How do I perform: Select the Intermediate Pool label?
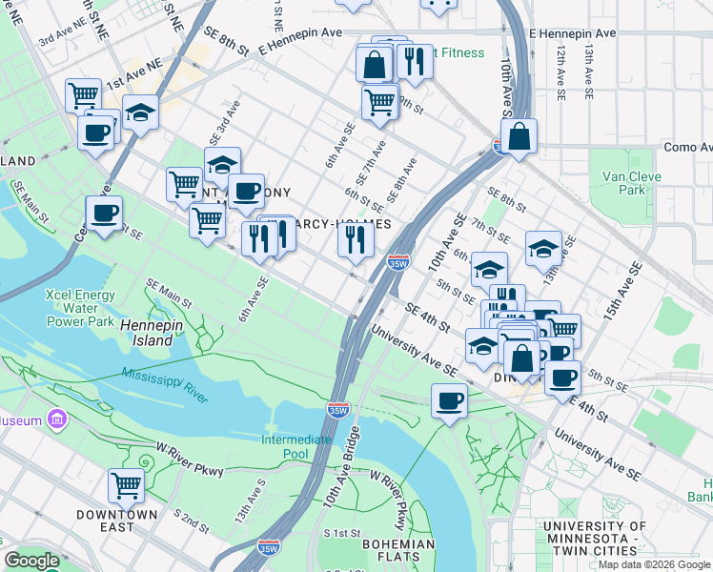(296, 446)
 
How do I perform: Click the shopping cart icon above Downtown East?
(126, 485)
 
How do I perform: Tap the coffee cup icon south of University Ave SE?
(449, 400)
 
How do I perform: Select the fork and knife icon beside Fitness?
(414, 62)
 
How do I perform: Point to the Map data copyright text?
(653, 563)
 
